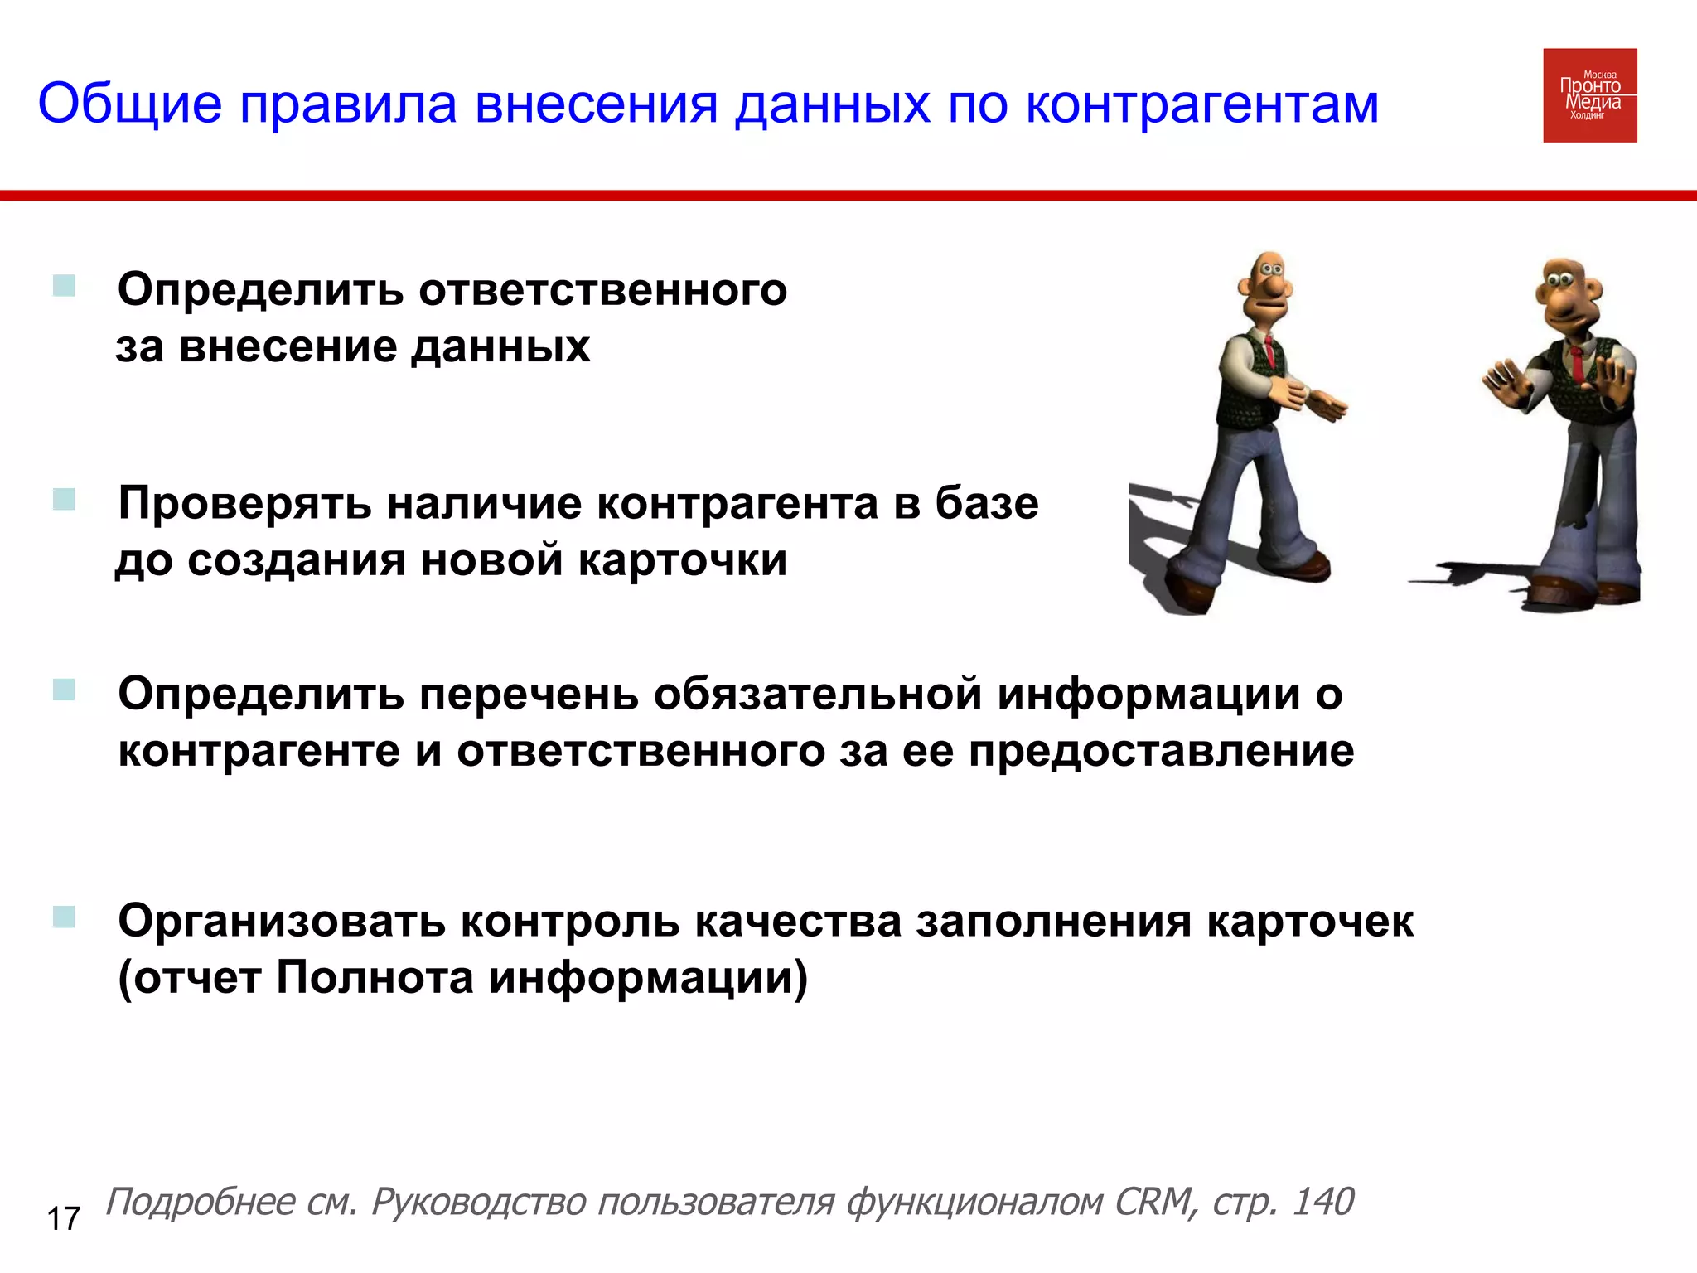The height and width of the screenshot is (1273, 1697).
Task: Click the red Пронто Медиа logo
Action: coord(1589,95)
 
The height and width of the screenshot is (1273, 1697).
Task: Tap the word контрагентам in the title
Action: coord(1201,104)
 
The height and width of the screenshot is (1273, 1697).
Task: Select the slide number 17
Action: coord(63,1219)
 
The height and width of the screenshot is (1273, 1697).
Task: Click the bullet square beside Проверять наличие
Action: coord(64,499)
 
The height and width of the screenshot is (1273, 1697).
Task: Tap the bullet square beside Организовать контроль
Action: coord(64,917)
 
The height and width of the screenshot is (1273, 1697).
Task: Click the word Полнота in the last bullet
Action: coord(375,977)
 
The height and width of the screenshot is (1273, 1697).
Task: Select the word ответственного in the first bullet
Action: coord(602,290)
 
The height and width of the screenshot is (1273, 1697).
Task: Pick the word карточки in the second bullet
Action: coord(682,560)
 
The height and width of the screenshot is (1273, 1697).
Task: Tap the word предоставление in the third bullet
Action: coord(1161,751)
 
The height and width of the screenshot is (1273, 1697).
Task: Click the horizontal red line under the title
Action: coord(848,196)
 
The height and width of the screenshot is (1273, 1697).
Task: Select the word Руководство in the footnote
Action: coord(477,1202)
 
